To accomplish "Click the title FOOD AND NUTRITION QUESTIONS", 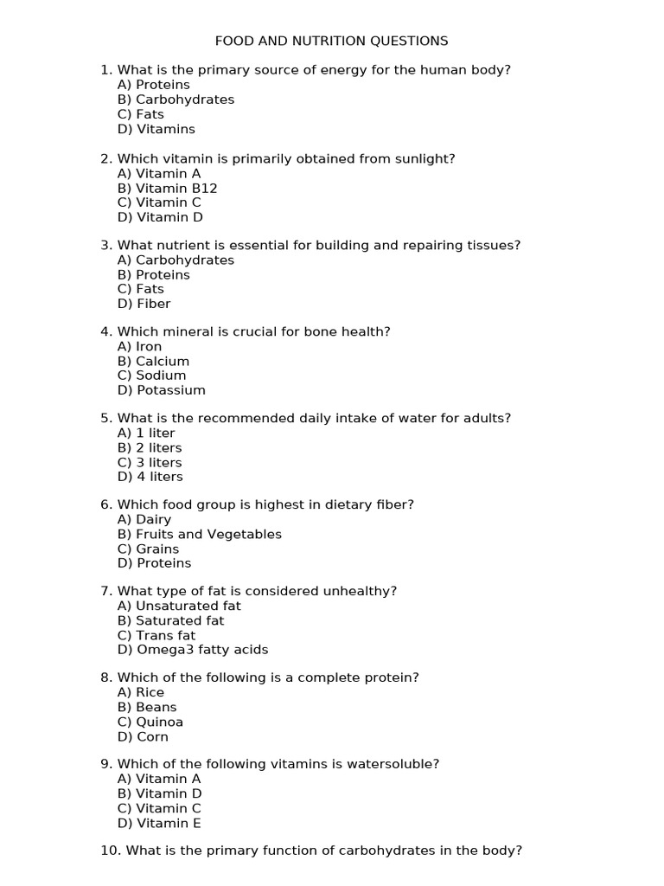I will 331,41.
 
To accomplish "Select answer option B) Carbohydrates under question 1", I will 176,100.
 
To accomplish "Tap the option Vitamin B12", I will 167,188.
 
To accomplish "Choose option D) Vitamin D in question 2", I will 160,217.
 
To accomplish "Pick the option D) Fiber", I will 144,304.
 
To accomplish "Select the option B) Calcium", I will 153,361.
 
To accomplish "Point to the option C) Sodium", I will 151,376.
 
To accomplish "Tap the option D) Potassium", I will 161,390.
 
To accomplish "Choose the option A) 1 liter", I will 145,433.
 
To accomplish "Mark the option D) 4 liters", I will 150,477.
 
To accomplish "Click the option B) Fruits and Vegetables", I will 199,534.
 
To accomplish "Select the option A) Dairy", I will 144,519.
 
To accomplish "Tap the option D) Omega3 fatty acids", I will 193,650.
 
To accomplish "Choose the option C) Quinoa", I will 150,722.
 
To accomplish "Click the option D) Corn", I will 143,737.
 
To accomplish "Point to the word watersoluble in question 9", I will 398,764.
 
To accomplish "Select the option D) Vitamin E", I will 159,824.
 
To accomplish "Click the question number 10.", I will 110,851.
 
